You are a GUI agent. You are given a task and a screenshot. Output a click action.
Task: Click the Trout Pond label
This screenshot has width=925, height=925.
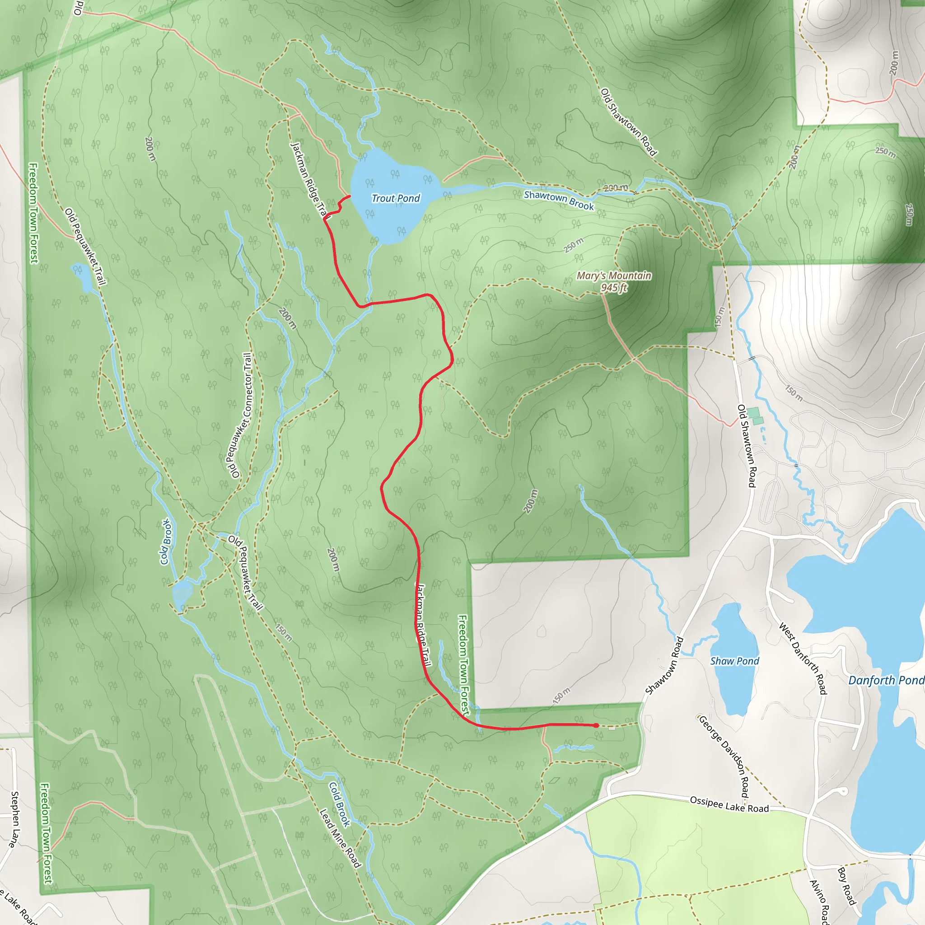click(x=396, y=198)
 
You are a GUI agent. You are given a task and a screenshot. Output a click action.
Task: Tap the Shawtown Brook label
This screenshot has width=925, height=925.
click(x=558, y=200)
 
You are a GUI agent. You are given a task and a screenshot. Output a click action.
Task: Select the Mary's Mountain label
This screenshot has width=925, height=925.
click(x=613, y=276)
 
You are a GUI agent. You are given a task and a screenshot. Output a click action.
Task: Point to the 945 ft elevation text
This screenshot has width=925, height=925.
click(x=613, y=288)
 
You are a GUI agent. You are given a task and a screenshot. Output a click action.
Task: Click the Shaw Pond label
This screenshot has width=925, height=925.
click(x=734, y=661)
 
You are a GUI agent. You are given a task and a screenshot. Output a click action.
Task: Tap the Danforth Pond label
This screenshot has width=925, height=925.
click(x=886, y=680)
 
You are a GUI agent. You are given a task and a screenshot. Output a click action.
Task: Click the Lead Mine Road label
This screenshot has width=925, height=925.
click(x=340, y=838)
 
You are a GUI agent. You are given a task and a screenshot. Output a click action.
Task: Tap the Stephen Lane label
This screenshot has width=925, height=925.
click(x=15, y=819)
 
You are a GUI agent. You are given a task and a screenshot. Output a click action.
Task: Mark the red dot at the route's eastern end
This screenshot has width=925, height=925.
click(x=596, y=725)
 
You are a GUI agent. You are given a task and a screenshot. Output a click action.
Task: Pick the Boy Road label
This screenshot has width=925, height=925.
click(x=846, y=886)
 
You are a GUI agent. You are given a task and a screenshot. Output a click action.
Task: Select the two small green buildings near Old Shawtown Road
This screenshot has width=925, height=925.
click(x=756, y=416)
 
